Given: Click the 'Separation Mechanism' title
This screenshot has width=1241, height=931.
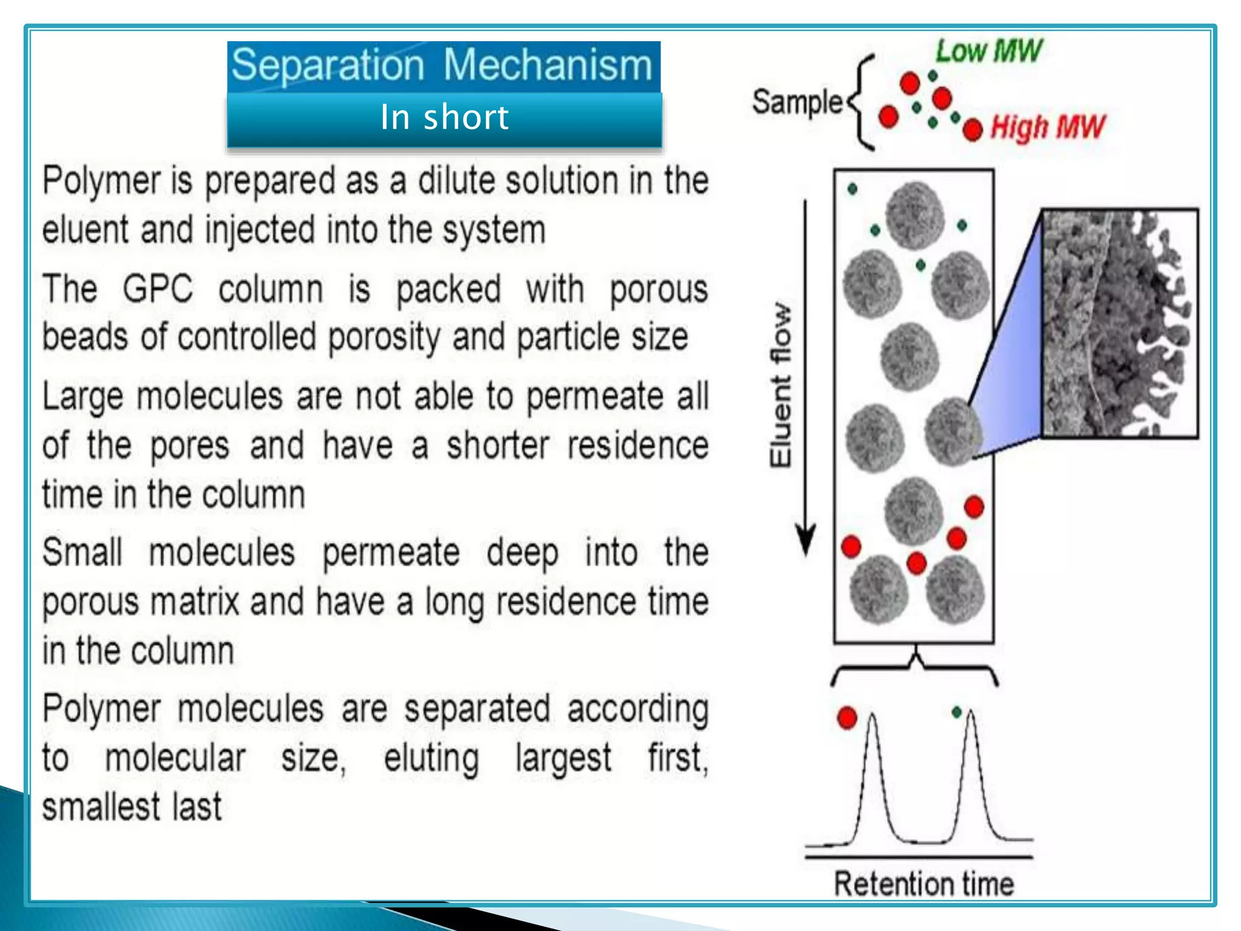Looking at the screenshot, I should point(443,65).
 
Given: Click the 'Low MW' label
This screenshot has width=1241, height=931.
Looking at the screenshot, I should point(988,51).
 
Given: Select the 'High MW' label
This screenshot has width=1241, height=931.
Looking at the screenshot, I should point(1047,128).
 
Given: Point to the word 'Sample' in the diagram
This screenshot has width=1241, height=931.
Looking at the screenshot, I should point(796,102).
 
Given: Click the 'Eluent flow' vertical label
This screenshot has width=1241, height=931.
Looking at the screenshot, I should point(780,385).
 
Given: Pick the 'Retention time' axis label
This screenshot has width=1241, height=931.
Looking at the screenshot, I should point(923,884).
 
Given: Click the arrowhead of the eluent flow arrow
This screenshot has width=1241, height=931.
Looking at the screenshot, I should point(805,540).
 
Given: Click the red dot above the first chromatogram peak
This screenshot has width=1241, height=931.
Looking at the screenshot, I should point(847,718).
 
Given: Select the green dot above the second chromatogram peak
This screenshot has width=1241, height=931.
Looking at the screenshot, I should point(957,712).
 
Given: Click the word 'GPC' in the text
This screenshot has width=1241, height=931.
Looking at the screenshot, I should point(158,289).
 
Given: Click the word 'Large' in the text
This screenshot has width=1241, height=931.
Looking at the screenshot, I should point(83,397).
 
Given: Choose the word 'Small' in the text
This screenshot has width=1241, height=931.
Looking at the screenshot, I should point(82,552).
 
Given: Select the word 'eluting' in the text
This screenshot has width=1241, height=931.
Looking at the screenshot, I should point(431,758).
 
